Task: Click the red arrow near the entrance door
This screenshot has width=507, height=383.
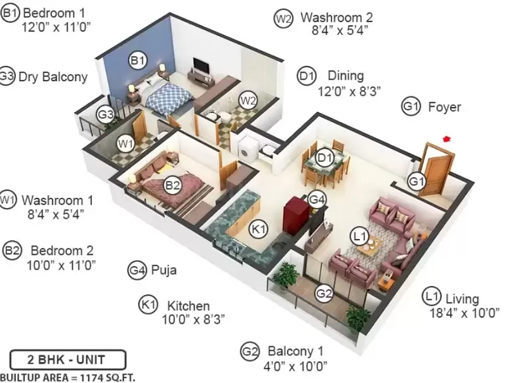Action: coord(447,139)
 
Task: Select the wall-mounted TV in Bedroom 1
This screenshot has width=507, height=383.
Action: coord(201,65)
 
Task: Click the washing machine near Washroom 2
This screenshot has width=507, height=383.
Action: coord(247,149)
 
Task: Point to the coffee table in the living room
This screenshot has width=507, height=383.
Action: coord(368,245)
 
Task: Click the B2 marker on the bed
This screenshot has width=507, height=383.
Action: coord(172,185)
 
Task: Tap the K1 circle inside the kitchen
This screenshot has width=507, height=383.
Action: coord(258,229)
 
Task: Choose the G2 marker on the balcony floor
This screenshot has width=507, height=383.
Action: coord(324,294)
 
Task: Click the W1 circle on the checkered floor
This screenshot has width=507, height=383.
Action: coord(125,143)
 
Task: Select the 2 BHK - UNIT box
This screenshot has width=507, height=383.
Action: coord(68,360)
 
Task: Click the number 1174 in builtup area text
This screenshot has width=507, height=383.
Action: coord(91,377)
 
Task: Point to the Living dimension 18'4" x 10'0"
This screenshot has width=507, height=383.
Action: coord(464,313)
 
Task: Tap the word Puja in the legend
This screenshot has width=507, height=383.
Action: coord(164,270)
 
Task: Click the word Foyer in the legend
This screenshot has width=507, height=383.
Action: coord(445,107)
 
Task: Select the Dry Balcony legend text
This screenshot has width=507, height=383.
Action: coord(53,77)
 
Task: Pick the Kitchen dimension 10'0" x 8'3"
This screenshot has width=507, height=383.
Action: coord(193,320)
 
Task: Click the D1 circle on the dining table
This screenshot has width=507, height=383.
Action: coord(324,158)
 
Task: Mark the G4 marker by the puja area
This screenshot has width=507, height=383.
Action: coord(317,199)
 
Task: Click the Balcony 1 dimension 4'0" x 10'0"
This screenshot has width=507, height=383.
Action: coord(295,367)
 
